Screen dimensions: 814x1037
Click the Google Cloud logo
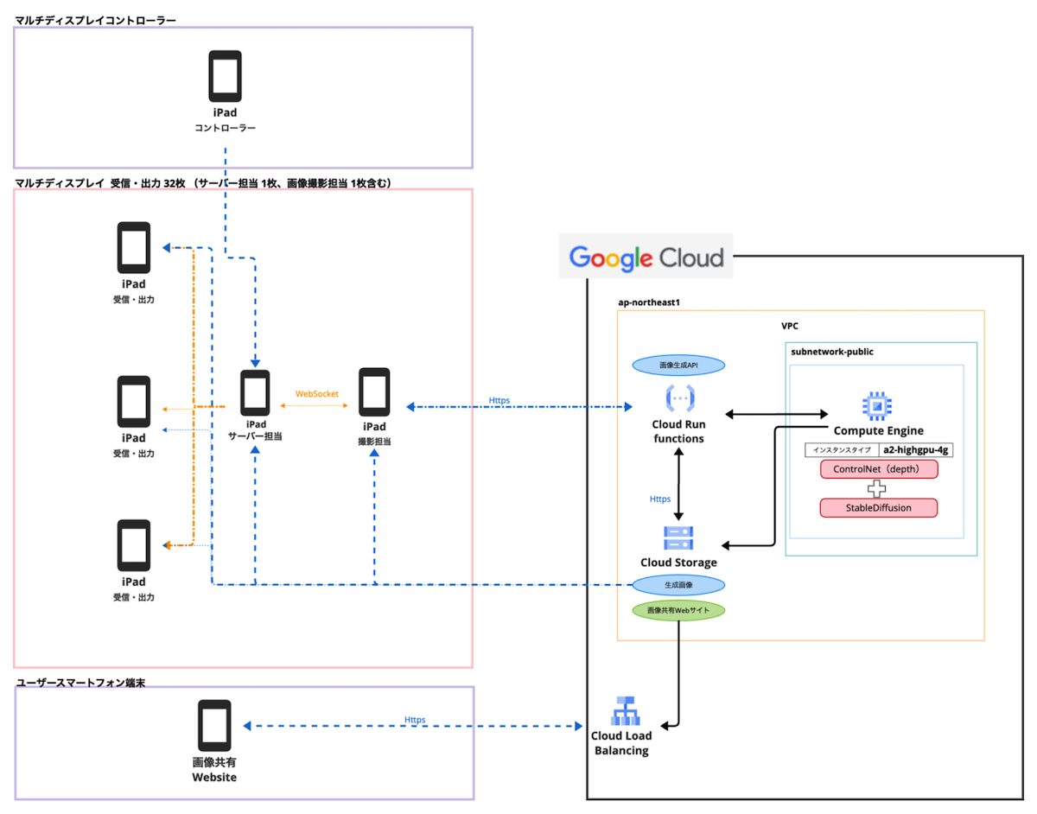[x=646, y=257]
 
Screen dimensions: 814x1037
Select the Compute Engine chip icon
[x=877, y=406]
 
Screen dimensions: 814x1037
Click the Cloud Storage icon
[x=678, y=537]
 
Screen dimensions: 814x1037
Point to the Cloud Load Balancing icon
[x=622, y=710]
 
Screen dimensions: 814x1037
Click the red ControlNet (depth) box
[x=878, y=469]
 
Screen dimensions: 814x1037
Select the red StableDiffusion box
[x=878, y=507]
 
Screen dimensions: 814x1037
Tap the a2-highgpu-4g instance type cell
[x=915, y=449]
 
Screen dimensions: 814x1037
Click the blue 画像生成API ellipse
[x=678, y=366]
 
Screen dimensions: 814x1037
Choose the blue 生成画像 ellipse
[x=678, y=585]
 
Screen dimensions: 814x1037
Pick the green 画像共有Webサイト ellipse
[x=678, y=610]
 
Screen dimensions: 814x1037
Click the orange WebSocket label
[x=317, y=394]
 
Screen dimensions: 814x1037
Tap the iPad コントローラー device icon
[x=225, y=77]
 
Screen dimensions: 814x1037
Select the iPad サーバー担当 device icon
[x=255, y=392]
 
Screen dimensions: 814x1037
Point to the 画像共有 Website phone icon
[x=214, y=725]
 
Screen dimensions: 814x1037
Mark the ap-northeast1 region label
[x=643, y=303]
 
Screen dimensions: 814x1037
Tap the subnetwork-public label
[x=832, y=352]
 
